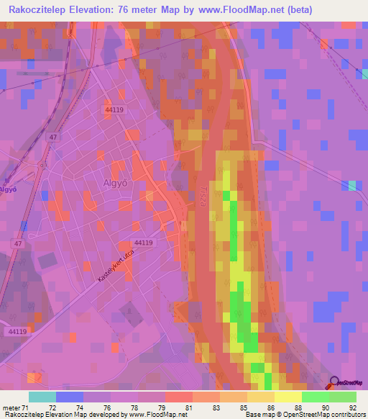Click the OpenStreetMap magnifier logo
(x=334, y=383)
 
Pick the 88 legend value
(x=287, y=407)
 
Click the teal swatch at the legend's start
(x=42, y=397)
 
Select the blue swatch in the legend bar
(x=70, y=397)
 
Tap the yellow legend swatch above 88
(x=287, y=397)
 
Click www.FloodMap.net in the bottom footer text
(x=152, y=415)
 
